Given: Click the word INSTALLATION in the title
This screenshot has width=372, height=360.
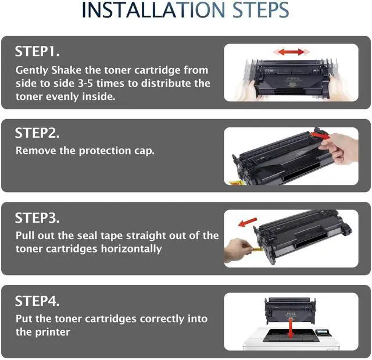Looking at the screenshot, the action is [x=153, y=10].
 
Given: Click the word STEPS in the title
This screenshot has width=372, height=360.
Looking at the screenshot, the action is [x=260, y=10].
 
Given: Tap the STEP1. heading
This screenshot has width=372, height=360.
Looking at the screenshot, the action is [x=37, y=51].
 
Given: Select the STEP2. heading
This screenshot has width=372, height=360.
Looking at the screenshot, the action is [x=37, y=133].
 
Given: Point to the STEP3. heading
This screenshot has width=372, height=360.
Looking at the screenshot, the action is [x=37, y=218].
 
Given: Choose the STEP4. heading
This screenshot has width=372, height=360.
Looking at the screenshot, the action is [x=37, y=301].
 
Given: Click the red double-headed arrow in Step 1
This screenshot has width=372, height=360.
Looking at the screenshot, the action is [x=291, y=52].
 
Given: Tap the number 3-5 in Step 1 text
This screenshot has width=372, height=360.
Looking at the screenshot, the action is [x=85, y=83].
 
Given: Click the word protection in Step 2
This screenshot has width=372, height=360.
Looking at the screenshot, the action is [x=105, y=151].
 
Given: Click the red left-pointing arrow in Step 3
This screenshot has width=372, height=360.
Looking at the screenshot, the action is [x=248, y=222].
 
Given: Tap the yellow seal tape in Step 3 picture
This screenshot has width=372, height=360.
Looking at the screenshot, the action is [x=257, y=249].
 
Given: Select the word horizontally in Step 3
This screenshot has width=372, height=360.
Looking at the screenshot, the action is [x=131, y=249].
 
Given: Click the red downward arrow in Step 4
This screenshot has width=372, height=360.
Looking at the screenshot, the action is [x=291, y=329].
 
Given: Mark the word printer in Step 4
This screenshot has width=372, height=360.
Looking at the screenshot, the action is [x=53, y=332].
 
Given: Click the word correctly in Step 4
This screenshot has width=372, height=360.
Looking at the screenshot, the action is [x=162, y=319].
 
